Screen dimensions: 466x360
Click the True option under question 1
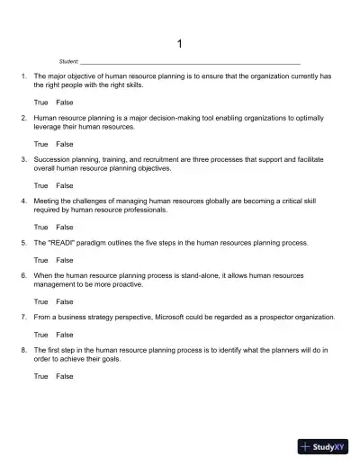[40, 103]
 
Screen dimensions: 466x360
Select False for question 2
[65, 144]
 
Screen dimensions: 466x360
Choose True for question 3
[40, 185]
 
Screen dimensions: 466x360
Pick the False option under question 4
[65, 227]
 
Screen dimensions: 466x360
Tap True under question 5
[40, 260]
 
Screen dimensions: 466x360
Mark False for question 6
[65, 301]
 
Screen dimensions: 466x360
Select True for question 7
[40, 335]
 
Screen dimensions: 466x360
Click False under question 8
[65, 376]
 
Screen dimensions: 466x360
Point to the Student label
[68, 61]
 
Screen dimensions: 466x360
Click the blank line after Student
[189, 62]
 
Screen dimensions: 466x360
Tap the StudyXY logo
[324, 445]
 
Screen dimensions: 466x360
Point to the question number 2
[22, 118]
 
